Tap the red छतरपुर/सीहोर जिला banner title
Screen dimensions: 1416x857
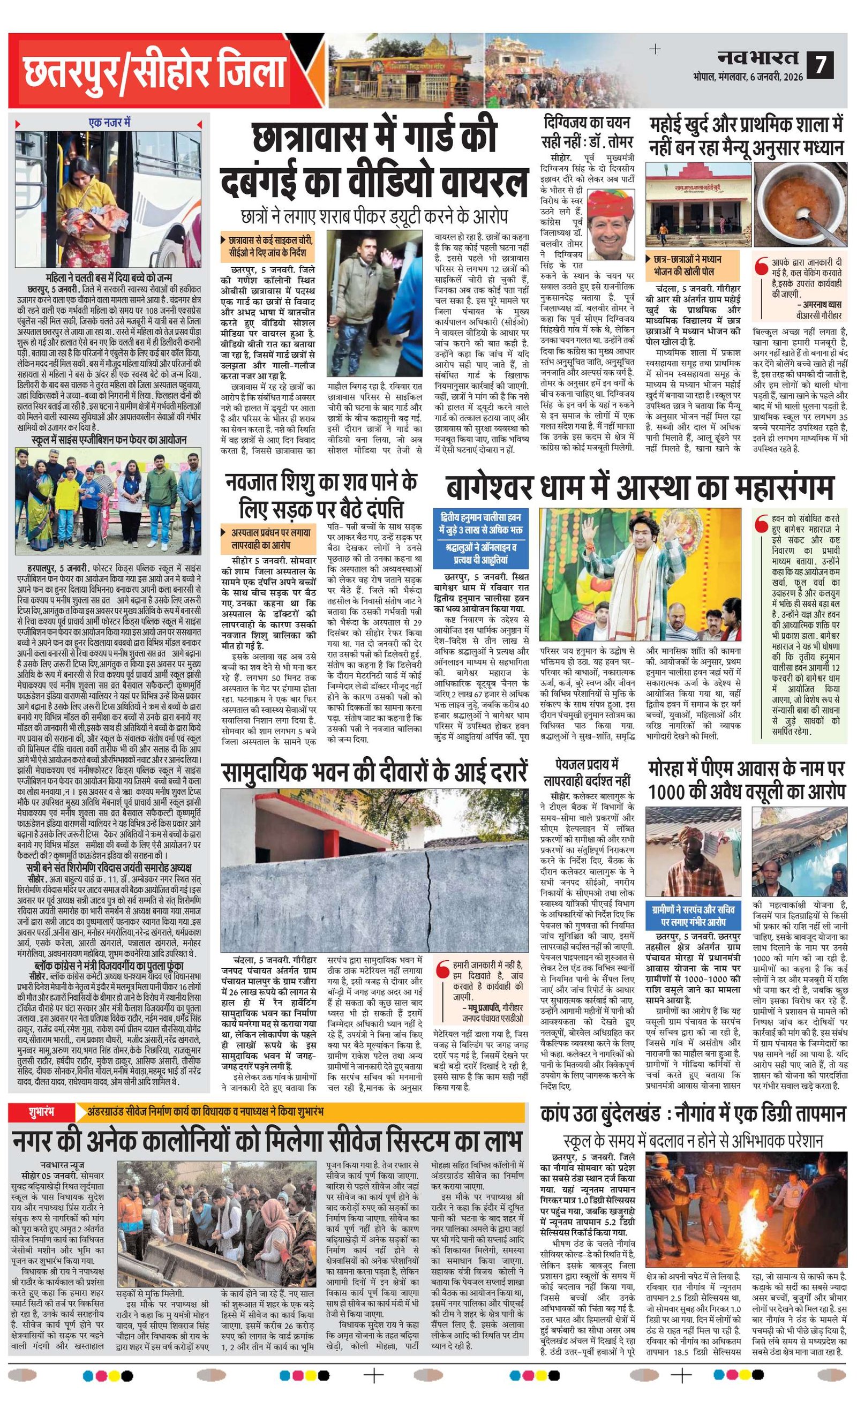[x=155, y=73]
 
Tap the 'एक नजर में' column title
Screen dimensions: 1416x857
[x=109, y=123]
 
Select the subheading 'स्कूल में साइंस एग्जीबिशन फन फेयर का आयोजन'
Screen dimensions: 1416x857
[x=109, y=440]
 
